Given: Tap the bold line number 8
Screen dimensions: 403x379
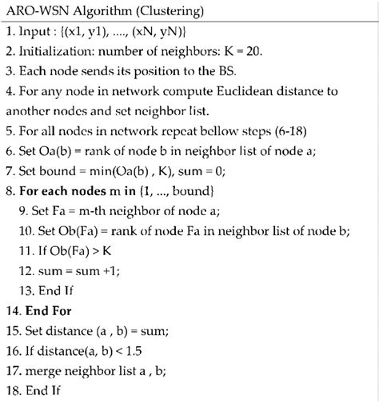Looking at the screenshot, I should pos(10,213).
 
